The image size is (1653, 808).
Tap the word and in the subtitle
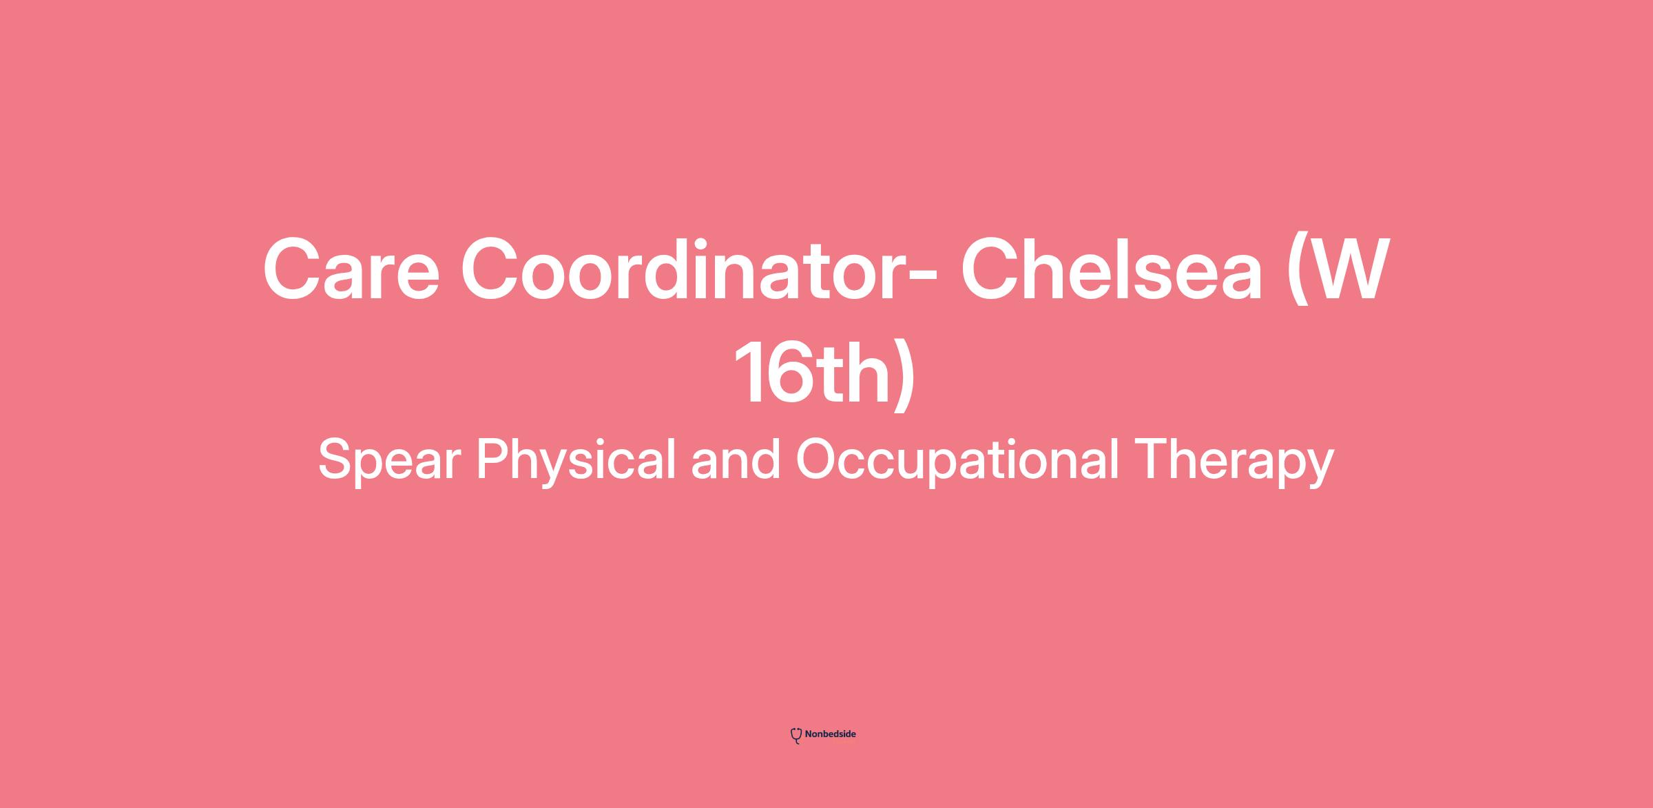click(x=736, y=460)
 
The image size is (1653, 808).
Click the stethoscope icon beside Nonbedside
click(x=796, y=736)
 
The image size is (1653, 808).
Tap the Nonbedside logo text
click(x=830, y=734)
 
